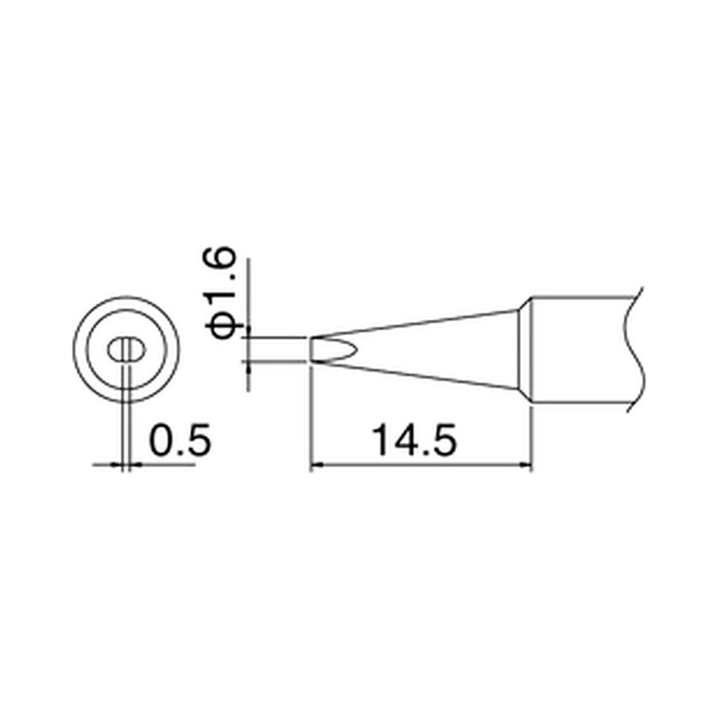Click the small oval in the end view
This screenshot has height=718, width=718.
[x=127, y=350]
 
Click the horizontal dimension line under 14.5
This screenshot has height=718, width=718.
[x=420, y=464]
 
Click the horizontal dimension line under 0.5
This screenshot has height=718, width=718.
[x=167, y=464]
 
